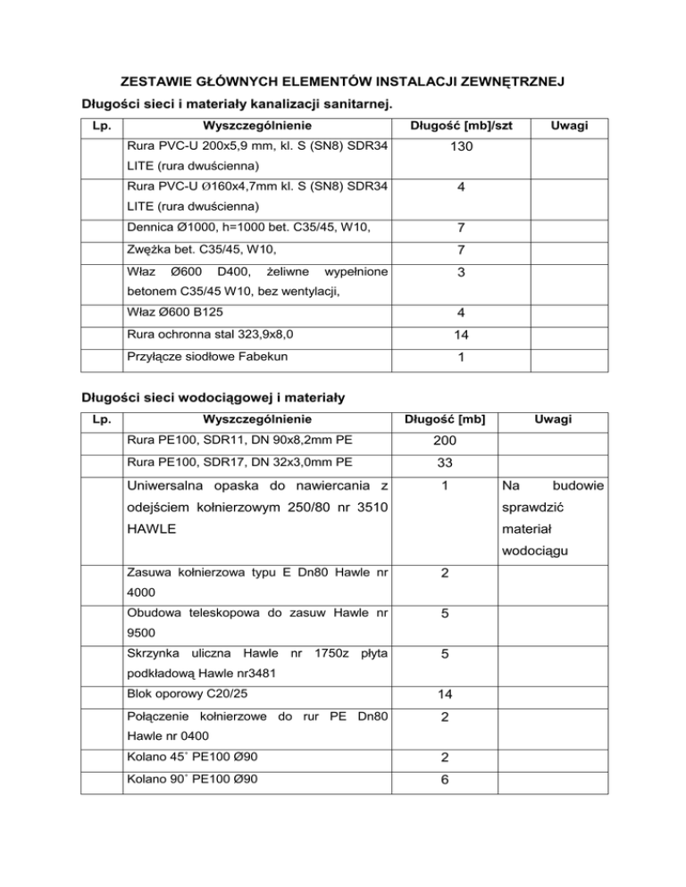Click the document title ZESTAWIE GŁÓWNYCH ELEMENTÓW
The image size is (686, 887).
point(343,83)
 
